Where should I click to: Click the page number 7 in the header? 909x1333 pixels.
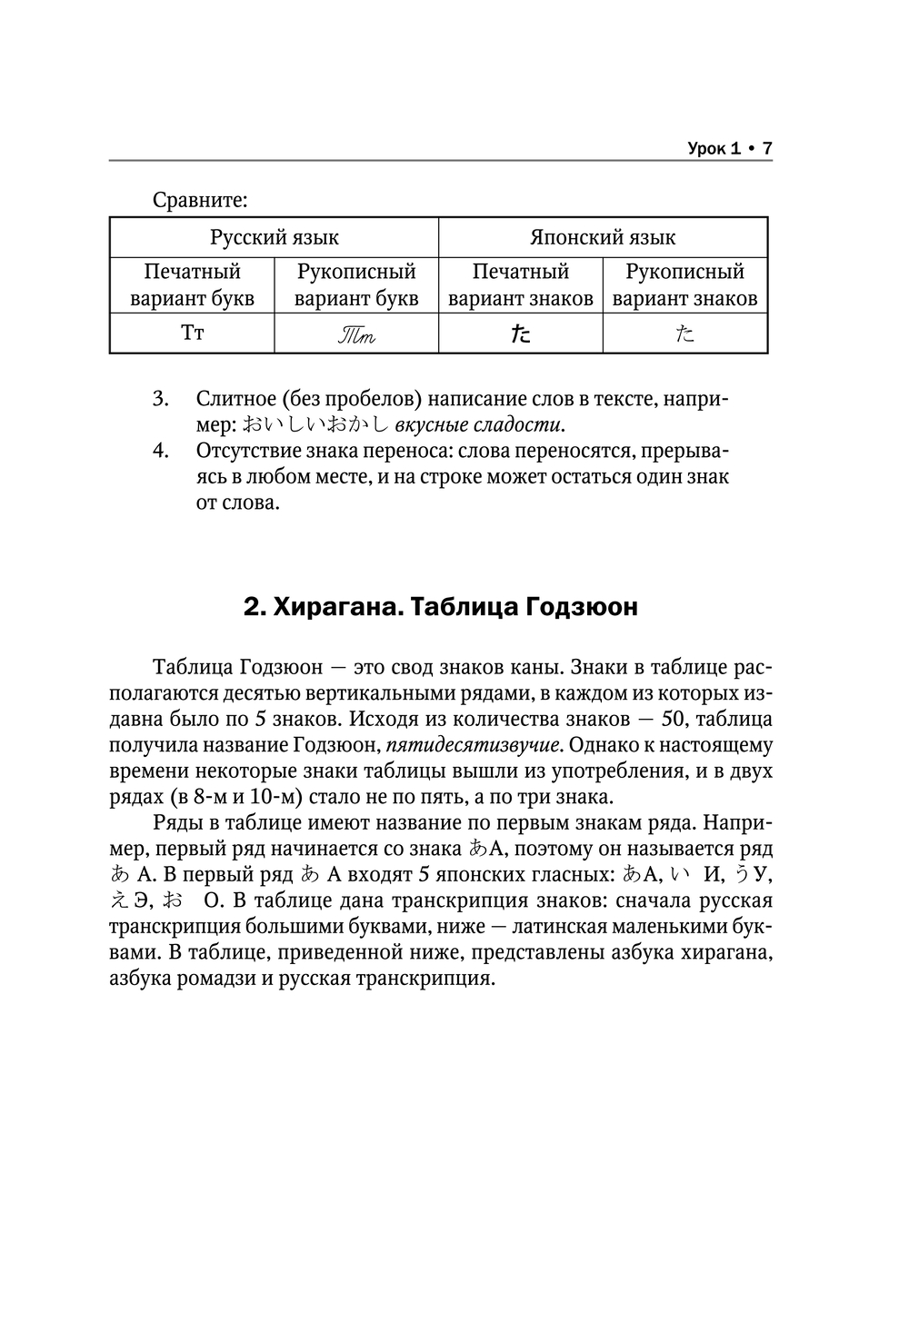tap(766, 148)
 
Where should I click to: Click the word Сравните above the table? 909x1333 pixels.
tap(200, 199)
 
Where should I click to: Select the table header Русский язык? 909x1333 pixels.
tap(275, 238)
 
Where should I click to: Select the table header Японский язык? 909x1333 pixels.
tap(603, 238)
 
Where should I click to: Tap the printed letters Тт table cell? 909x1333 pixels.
tap(192, 333)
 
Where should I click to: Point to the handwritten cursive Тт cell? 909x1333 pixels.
tap(356, 334)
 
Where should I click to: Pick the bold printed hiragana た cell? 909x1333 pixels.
tap(520, 334)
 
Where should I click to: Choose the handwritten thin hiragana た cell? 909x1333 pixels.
tap(684, 334)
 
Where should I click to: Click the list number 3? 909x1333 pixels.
tap(161, 399)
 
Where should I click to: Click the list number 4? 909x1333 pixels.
tap(161, 451)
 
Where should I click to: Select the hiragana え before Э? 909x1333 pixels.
tap(119, 901)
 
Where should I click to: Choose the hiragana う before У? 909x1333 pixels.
tap(741, 875)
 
